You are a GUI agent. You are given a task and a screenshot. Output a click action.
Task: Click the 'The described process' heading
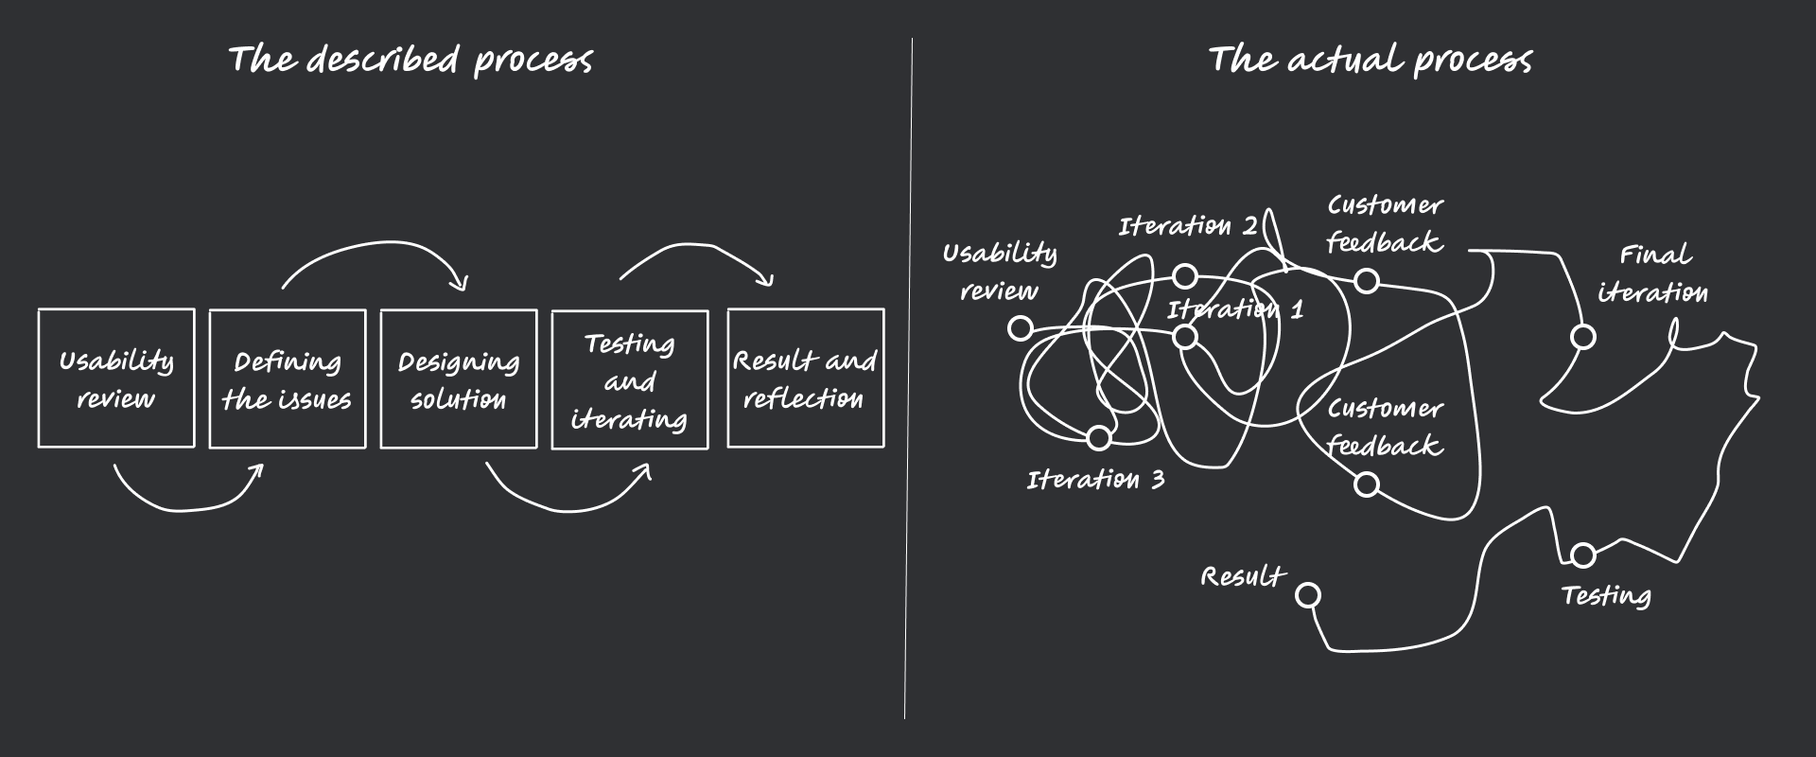pos(410,60)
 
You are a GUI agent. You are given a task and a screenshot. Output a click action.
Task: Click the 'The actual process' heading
pos(1370,60)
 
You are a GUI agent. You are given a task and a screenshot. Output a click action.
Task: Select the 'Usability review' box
pos(116,378)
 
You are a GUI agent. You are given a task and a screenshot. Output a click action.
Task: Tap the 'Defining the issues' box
pos(288,378)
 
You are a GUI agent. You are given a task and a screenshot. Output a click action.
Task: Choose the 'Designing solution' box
pos(459,378)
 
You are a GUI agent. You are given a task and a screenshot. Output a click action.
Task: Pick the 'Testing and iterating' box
pos(630,380)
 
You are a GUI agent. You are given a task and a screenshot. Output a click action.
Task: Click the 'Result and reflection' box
pos(805,378)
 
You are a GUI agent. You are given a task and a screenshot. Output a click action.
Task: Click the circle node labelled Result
pos(1308,595)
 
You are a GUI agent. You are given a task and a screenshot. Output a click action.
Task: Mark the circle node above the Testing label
pos(1582,555)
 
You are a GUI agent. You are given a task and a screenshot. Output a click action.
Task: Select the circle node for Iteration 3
pos(1098,437)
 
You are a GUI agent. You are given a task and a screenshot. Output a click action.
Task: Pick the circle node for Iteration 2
pos(1185,276)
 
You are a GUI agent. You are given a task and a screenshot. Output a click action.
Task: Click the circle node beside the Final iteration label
pos(1582,337)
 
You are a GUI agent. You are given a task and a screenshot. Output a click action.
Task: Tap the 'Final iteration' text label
pos(1653,273)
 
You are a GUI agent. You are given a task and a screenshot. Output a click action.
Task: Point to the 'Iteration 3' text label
pos(1095,480)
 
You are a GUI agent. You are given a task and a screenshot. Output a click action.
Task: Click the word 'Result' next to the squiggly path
pos(1242,576)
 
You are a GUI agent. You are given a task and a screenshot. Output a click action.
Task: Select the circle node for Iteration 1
pos(1185,336)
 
